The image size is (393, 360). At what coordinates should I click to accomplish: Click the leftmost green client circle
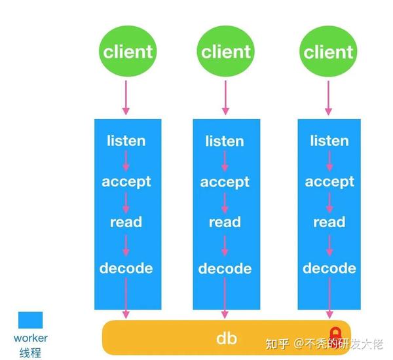[127, 51]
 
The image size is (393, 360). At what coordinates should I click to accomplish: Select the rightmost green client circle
[329, 51]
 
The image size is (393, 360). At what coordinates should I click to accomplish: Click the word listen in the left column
[126, 141]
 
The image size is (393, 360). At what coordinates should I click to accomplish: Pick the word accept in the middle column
[225, 182]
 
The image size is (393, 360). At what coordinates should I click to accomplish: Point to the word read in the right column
[329, 223]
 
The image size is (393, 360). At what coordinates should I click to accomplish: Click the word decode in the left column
[126, 268]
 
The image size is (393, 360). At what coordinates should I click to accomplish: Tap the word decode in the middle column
[225, 268]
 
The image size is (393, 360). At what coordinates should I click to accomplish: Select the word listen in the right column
[329, 141]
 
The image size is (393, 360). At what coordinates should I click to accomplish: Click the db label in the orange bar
[226, 338]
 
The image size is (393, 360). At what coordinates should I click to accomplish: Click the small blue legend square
[30, 319]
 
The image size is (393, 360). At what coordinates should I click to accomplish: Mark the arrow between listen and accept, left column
[126, 161]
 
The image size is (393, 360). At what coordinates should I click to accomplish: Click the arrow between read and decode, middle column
[225, 245]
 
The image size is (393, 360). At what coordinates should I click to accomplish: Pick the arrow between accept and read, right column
[329, 202]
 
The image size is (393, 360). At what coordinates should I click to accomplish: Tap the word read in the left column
[126, 223]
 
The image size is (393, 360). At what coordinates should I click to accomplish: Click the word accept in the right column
[329, 182]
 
